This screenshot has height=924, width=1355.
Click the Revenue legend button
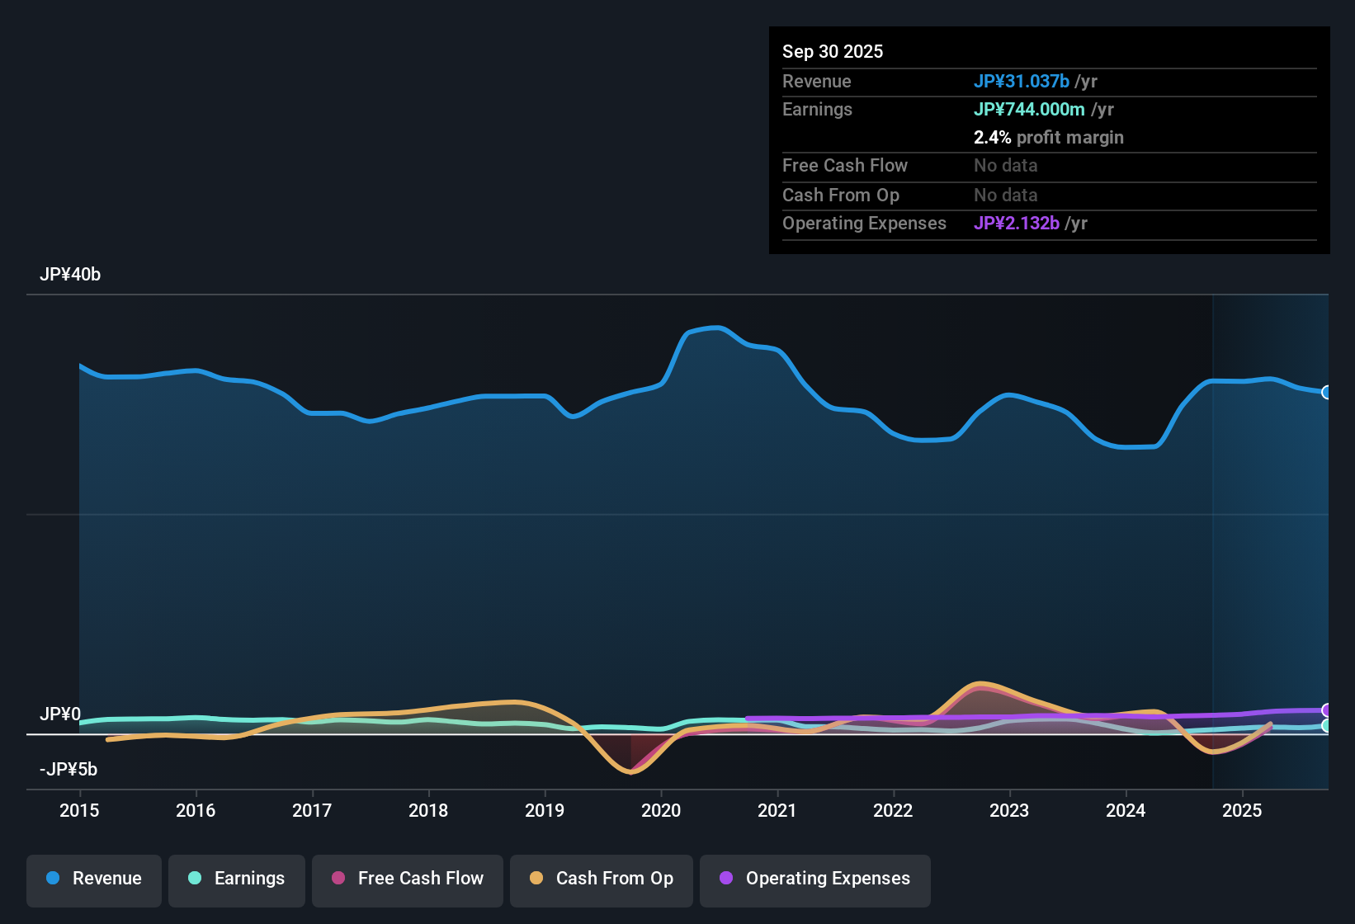point(94,879)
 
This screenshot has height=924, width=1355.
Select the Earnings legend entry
point(237,879)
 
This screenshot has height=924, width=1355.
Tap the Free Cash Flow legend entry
point(408,879)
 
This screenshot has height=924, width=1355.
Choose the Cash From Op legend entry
point(602,879)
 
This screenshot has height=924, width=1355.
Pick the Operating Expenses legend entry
point(815,879)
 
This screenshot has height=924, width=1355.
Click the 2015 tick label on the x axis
point(79,811)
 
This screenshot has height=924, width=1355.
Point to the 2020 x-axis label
point(661,811)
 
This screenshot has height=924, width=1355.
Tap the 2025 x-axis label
point(1242,811)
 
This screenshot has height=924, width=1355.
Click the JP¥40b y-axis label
point(70,275)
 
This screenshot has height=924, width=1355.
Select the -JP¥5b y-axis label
point(68,770)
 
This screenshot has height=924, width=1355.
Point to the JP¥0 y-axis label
point(60,714)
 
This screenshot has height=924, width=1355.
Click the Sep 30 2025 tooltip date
point(833,52)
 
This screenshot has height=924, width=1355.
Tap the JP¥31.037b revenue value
point(1022,82)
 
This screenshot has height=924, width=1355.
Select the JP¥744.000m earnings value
point(1029,110)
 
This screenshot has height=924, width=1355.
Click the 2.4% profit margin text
point(1048,138)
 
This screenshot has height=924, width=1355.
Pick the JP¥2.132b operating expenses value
point(1017,224)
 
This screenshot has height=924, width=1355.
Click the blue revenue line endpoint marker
point(1326,393)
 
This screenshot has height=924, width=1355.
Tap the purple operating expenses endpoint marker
point(1326,710)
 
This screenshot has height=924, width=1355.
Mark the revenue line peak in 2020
point(720,328)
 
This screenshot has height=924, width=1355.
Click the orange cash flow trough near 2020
point(631,772)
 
